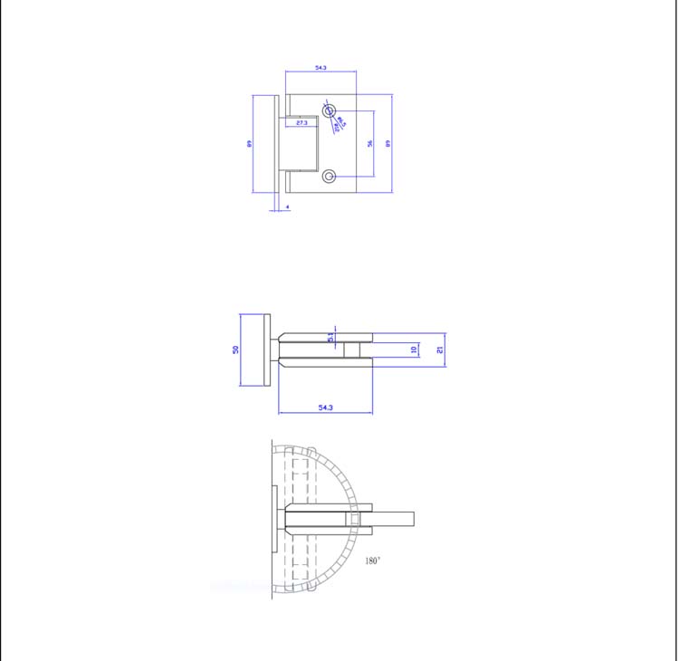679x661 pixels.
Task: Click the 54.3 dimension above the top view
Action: click(x=320, y=68)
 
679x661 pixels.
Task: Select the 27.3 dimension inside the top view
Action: click(x=301, y=121)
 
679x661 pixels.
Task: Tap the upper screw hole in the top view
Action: click(x=329, y=110)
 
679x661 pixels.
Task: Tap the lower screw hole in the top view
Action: click(x=329, y=176)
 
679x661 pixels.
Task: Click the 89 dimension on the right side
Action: click(x=388, y=143)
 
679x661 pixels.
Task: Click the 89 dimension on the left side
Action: click(x=249, y=143)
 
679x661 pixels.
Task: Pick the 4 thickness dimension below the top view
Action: click(x=287, y=207)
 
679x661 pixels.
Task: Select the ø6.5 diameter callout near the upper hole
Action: click(x=341, y=120)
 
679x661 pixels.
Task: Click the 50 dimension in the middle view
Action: click(x=235, y=350)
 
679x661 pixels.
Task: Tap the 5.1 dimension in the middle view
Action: click(x=331, y=337)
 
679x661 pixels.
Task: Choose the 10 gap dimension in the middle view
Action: click(x=415, y=350)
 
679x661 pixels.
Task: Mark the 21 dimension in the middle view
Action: click(x=440, y=350)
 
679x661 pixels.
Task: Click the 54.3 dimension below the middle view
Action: click(x=326, y=408)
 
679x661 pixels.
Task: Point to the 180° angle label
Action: click(x=372, y=561)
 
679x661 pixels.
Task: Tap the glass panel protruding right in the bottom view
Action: click(x=393, y=519)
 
